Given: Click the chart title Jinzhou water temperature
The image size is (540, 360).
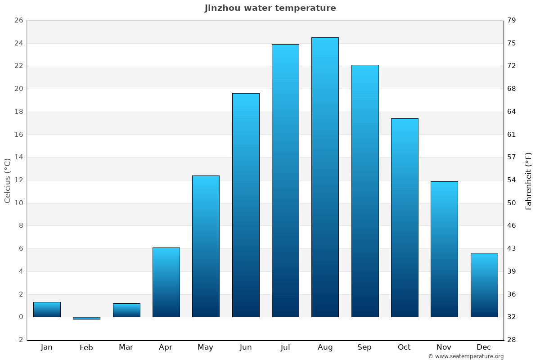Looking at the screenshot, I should [270, 8].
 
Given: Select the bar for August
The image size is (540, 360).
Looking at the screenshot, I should [325, 177].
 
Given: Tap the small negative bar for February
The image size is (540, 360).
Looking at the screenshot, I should [86, 318].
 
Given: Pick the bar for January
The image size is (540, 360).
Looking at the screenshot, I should [47, 310].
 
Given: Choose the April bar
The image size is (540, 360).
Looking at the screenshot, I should [166, 282].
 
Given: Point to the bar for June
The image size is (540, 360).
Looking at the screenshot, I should [246, 205].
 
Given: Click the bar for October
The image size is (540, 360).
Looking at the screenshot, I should [405, 218].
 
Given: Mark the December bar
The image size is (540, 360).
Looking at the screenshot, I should [484, 285].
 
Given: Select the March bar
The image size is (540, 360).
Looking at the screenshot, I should [126, 310].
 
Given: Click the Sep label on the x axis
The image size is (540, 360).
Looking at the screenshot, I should [364, 347].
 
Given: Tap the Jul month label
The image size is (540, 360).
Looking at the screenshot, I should [285, 347].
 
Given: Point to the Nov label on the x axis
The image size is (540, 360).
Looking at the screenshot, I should [444, 347].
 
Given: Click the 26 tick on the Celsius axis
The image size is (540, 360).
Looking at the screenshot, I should [18, 20].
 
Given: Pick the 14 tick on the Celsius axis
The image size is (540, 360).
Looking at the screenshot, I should [18, 157].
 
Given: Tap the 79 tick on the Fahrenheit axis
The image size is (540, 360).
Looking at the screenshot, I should [512, 20].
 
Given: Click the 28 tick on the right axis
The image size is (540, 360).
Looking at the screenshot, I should [512, 340].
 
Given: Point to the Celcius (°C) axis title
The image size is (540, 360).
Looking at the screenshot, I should [7, 180].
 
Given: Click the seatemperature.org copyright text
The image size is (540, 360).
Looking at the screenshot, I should [466, 356].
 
